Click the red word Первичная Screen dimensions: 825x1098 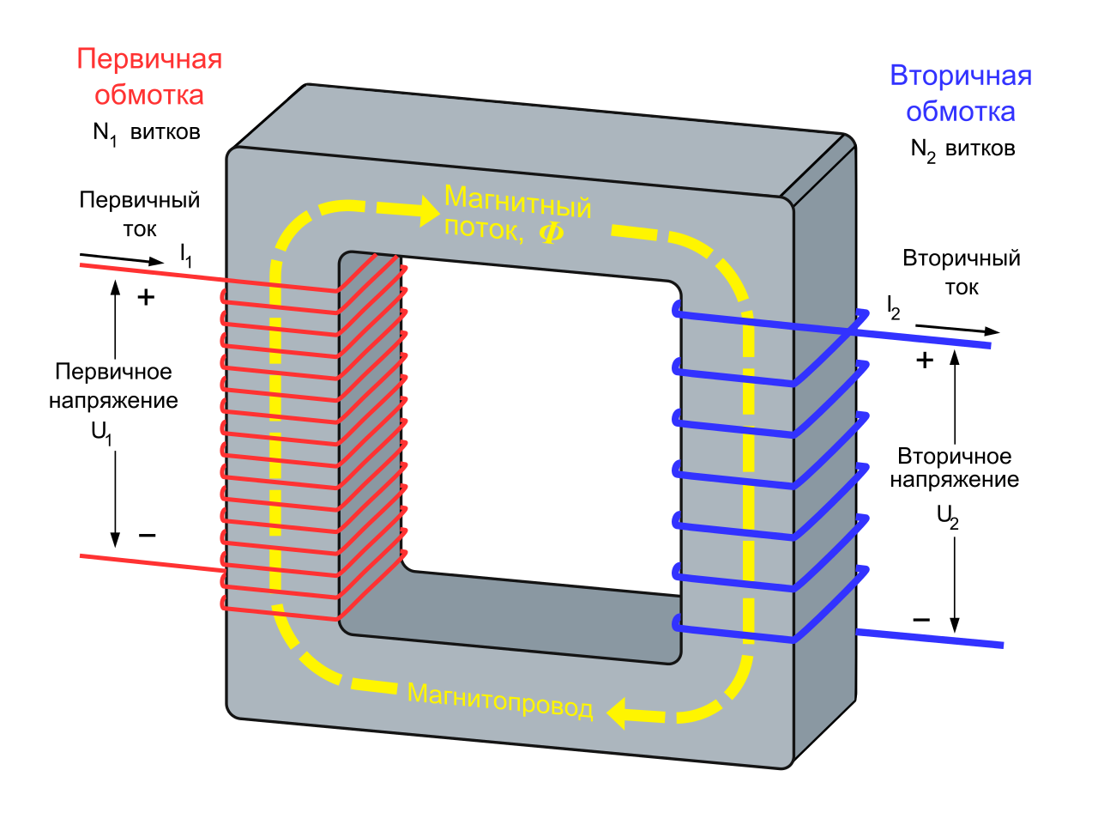pos(149,59)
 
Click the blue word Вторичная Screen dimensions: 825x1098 pos(961,76)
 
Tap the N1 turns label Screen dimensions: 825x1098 pos(146,133)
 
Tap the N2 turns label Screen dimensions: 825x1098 pos(962,149)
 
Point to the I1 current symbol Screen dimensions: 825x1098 pos(186,255)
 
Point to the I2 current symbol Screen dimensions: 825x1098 pos(893,307)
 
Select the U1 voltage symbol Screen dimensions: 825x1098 pos(102,434)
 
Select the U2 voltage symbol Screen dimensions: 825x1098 pos(947,517)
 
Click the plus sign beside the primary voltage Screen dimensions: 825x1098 pos(147,297)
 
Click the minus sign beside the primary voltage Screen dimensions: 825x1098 pos(148,536)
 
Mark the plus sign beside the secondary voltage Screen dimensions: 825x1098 pos(924,360)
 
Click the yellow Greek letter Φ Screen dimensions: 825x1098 pos(551,232)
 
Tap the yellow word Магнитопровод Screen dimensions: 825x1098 pos(500,701)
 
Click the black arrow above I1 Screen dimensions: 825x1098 pos(121,258)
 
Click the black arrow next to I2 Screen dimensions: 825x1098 pos(956,329)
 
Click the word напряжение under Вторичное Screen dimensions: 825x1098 pos(954,481)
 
